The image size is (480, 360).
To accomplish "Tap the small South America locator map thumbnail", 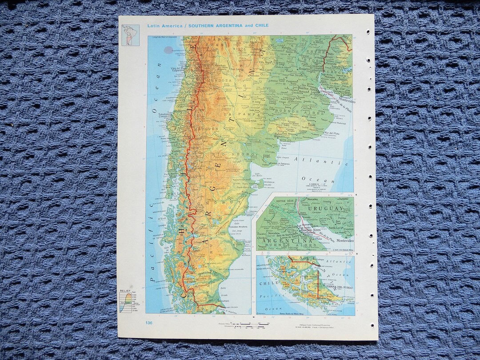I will coord(130,35).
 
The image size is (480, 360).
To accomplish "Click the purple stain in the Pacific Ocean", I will coord(168,50).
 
